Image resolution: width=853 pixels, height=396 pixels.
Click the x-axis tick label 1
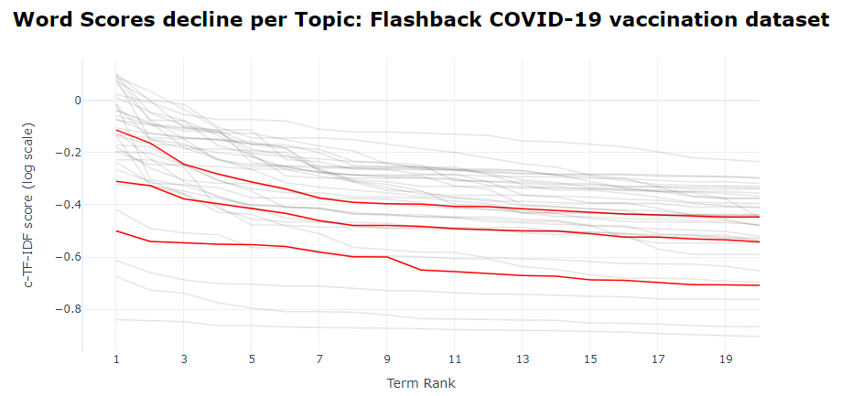coord(116,359)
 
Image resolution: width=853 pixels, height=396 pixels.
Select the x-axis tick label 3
coord(184,359)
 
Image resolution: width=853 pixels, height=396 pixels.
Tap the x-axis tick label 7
coord(319,359)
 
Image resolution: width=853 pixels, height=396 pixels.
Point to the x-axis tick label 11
coord(454,359)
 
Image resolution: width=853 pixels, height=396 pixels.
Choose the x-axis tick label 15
coord(589,359)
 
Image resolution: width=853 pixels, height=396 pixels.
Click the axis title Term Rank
coord(420,383)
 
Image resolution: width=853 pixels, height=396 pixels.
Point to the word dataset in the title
coord(787,19)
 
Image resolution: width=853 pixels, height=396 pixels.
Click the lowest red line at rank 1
coord(116,231)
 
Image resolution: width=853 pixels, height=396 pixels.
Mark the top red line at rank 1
coord(116,130)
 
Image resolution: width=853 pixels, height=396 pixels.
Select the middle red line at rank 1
coord(116,181)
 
